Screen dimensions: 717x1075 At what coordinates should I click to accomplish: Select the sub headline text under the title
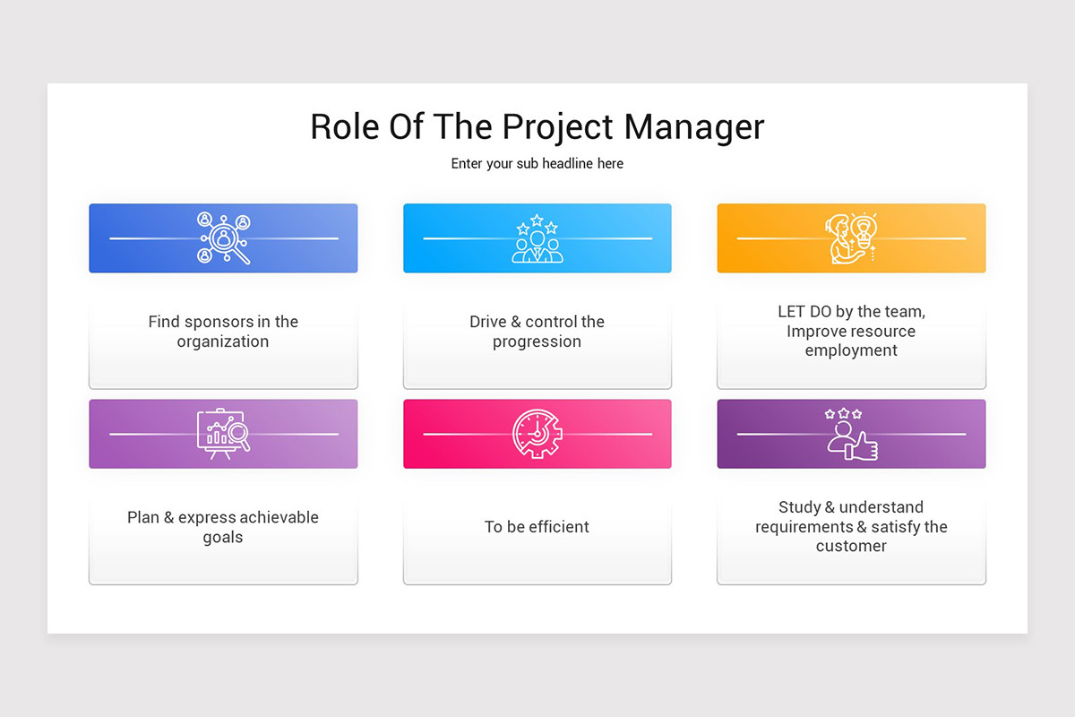537,164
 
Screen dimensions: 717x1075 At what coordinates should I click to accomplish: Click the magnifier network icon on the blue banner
224,238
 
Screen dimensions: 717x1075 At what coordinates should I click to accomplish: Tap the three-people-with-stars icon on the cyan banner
537,238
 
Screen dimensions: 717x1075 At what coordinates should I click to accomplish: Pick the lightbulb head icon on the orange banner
850,238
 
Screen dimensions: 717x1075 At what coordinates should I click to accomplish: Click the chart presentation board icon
223,434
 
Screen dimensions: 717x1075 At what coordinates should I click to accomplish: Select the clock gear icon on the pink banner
537,434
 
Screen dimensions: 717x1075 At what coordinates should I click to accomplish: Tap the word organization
223,341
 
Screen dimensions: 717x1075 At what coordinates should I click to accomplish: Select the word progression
537,341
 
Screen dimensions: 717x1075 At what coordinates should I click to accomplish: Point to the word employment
851,350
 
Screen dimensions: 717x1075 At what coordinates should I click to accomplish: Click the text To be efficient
537,527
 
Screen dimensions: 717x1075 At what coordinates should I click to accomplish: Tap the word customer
851,546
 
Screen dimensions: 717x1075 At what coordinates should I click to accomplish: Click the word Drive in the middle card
489,322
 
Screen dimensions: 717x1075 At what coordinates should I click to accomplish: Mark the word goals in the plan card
223,538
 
